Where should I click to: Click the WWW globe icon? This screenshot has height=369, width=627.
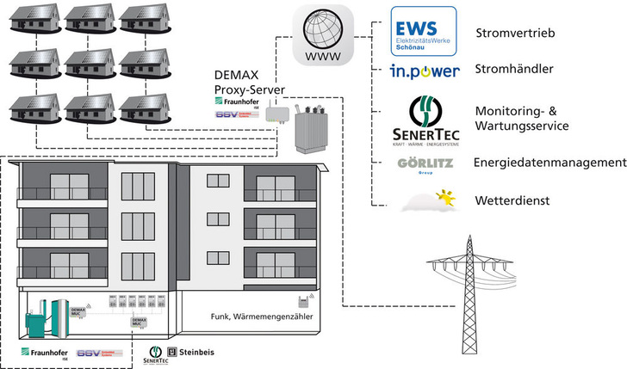tap(324, 36)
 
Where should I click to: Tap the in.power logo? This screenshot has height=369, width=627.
tap(425, 71)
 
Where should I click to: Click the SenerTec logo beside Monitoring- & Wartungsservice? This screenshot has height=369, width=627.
tap(422, 120)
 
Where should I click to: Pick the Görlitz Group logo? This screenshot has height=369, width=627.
tap(424, 163)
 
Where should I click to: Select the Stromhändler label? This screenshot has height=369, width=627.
tap(515, 71)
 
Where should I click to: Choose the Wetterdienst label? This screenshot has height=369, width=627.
tap(512, 200)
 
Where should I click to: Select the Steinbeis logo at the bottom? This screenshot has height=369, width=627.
tap(191, 352)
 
